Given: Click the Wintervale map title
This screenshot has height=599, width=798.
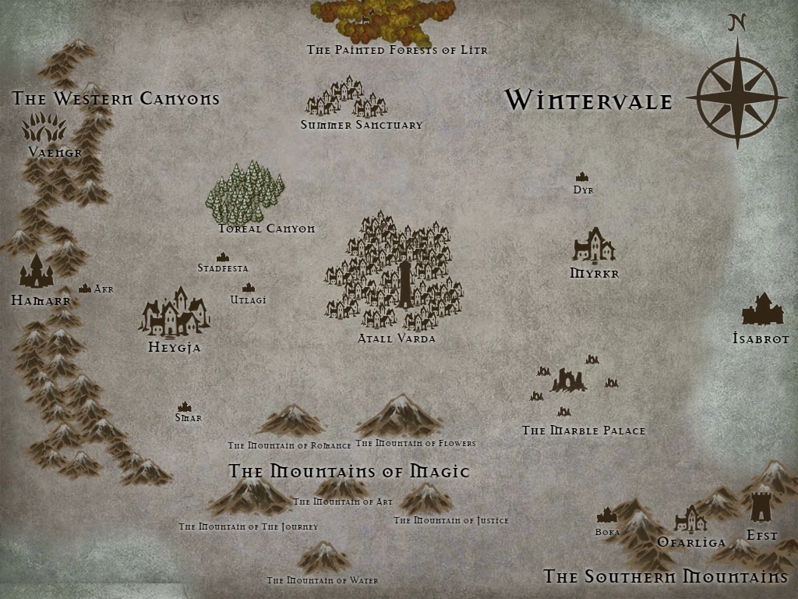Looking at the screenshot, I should coord(588,100).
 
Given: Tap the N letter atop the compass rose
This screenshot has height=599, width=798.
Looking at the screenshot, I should coord(737,23).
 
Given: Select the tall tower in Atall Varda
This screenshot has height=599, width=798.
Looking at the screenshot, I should coord(406,284).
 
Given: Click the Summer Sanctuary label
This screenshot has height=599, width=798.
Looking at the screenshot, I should coord(362,125).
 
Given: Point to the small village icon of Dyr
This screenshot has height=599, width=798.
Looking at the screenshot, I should coord(581,178).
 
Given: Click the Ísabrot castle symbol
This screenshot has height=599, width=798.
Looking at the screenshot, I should coord(761,310).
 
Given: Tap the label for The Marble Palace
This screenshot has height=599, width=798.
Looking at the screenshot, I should coord(583,431).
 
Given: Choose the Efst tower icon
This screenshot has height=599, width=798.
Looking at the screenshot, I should coord(761,504).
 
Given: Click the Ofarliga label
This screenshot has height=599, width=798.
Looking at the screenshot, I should coord(691,542).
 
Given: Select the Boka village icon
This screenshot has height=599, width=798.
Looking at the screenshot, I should coord(606,516).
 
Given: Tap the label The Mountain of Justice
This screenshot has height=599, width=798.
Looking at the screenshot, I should coord(450,520).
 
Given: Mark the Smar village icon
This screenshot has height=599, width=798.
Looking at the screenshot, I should coord(185,406).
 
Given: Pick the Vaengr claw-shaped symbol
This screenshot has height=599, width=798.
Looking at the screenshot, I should coord(44,127).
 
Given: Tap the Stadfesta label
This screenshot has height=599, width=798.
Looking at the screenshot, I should coord(222,268).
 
